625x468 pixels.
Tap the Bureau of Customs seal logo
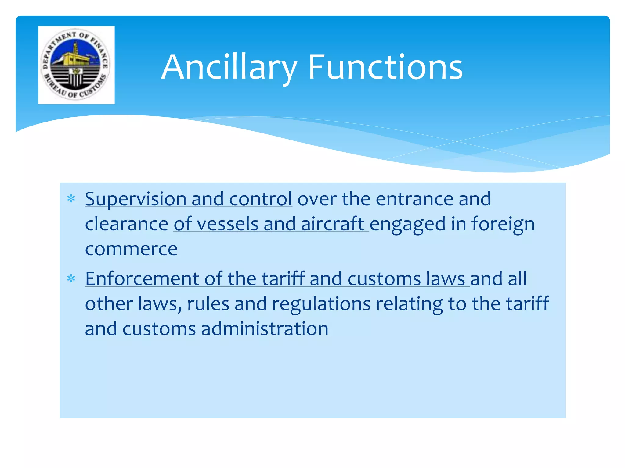[x=76, y=65]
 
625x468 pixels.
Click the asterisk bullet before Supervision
[x=71, y=199]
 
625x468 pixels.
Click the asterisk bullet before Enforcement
[x=71, y=278]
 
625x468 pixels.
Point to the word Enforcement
[x=142, y=279]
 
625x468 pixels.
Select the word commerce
[x=131, y=249]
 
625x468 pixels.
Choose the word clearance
[x=126, y=224]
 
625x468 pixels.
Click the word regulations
[x=321, y=304]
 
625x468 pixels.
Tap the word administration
[x=265, y=329]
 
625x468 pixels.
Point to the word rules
[x=208, y=304]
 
